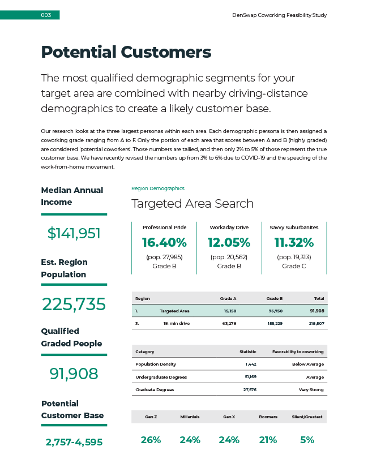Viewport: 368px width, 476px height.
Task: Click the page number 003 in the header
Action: point(46,15)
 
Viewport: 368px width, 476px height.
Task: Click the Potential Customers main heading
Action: point(126,52)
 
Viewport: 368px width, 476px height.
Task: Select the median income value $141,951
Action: point(74,233)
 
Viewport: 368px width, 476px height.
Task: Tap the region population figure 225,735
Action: point(74,305)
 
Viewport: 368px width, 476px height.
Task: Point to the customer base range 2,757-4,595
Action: point(74,442)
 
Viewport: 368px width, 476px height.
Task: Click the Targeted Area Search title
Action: point(192,204)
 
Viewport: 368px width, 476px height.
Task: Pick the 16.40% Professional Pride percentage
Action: point(164,243)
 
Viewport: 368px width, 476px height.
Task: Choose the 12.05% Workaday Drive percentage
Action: point(229,243)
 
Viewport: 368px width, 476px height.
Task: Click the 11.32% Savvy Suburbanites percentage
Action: point(294,243)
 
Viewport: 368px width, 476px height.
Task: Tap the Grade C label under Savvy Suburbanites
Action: point(294,266)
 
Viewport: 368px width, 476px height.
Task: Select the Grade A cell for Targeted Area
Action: point(230,311)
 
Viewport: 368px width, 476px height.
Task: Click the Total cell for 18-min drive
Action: point(316,323)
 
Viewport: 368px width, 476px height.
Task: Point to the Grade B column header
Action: point(275,298)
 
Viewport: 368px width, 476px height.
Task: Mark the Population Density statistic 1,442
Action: point(250,364)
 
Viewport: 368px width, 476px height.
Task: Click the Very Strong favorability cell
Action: point(311,389)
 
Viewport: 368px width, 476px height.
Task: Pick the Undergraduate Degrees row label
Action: point(161,377)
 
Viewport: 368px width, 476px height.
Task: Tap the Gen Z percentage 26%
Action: point(151,440)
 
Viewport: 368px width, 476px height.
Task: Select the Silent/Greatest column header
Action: point(306,417)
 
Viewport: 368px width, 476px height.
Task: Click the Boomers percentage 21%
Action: point(268,440)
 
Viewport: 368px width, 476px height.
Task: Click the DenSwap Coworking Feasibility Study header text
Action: point(279,15)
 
